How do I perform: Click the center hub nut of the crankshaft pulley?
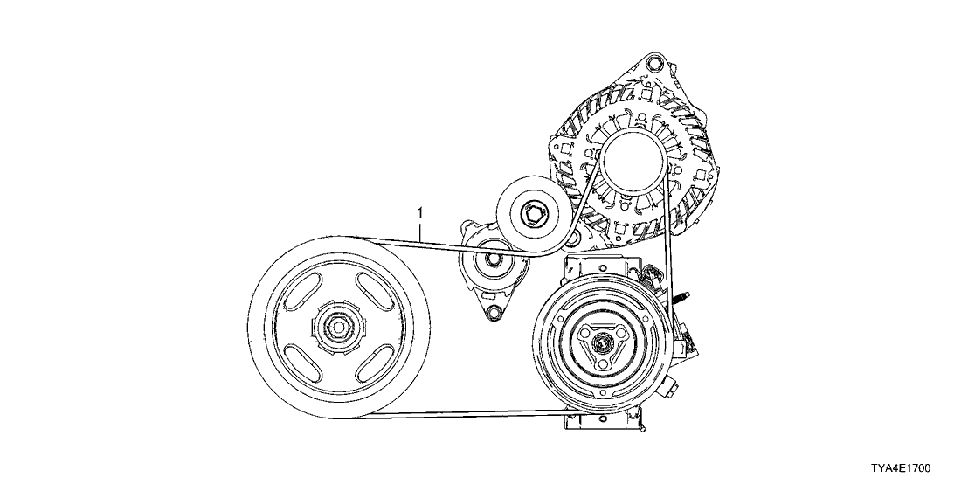[338, 327]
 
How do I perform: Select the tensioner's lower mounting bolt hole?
[494, 312]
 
